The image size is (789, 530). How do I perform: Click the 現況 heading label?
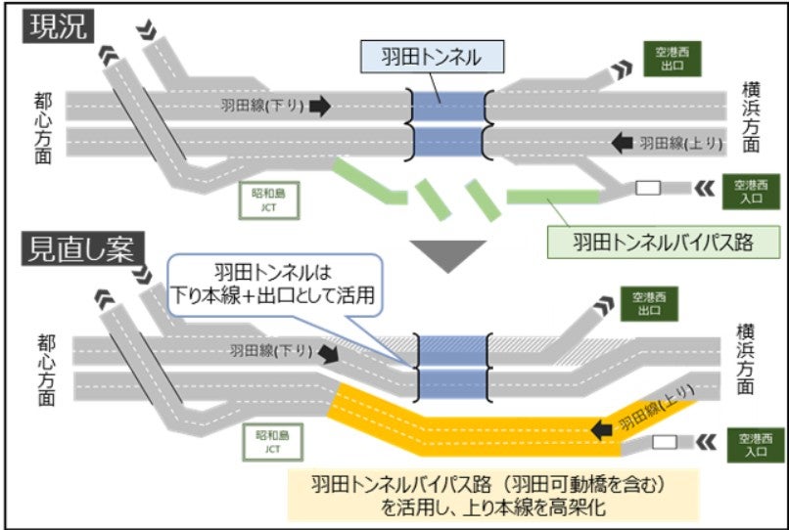(57, 26)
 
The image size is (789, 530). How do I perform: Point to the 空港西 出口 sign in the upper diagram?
(673, 59)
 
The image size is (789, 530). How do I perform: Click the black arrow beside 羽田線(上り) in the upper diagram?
(622, 143)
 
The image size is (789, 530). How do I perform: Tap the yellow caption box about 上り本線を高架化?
(492, 494)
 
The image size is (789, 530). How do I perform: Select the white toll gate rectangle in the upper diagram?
(649, 188)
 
